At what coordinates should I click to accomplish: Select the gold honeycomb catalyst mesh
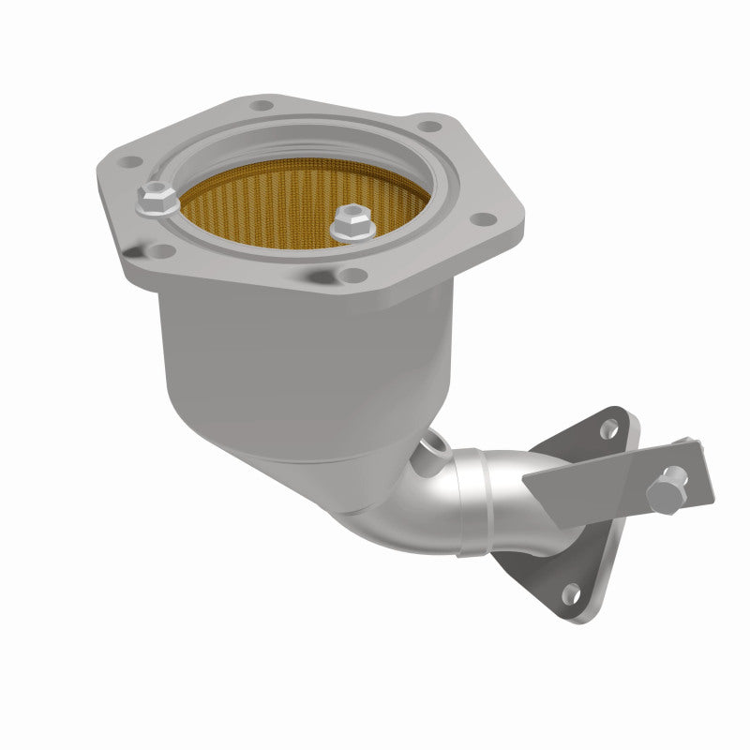point(281,211)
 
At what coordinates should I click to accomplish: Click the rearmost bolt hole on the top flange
point(263,107)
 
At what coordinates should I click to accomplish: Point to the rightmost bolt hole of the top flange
point(483,219)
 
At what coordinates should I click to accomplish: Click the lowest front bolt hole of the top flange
point(352,274)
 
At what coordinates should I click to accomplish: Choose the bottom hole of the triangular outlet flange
point(569,592)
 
